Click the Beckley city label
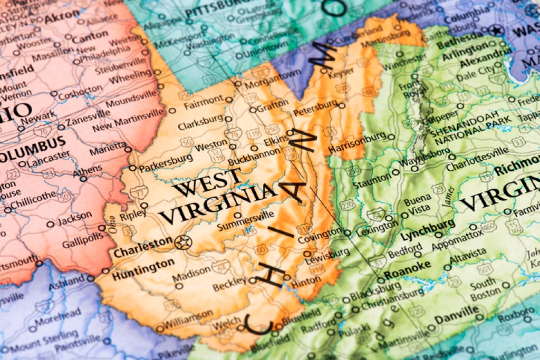pyautogui.click(x=229, y=287)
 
